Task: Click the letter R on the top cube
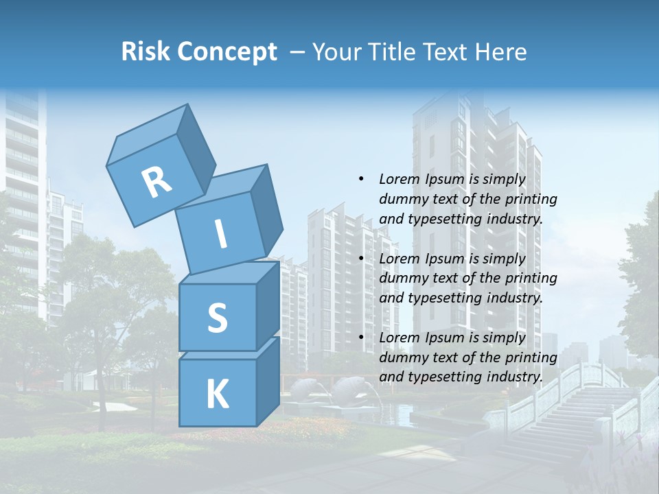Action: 157,183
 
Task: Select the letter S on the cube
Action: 217,318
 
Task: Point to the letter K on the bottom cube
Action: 217,395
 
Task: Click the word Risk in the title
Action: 146,52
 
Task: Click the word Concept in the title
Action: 227,52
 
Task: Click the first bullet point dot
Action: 361,180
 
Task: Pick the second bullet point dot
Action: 361,259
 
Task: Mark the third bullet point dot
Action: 361,338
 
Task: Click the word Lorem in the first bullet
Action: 398,180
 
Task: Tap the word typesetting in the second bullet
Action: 440,298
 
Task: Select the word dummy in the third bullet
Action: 402,357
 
